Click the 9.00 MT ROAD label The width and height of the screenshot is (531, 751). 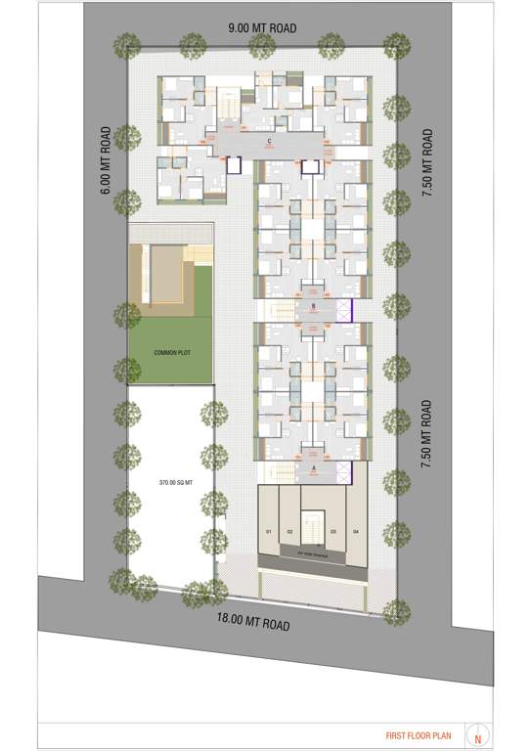click(261, 27)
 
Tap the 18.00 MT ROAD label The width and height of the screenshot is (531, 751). click(253, 621)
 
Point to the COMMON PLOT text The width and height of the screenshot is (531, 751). click(169, 352)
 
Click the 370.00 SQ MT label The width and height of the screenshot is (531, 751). click(172, 482)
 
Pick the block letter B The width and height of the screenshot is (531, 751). click(313, 306)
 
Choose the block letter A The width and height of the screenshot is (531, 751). click(313, 469)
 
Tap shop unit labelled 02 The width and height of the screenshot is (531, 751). click(289, 531)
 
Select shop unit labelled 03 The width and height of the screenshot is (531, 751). click(334, 531)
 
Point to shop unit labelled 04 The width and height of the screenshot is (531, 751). click(356, 531)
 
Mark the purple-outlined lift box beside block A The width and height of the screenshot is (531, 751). click(342, 474)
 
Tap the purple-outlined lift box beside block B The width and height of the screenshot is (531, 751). click(342, 311)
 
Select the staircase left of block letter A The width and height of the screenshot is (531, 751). click(278, 473)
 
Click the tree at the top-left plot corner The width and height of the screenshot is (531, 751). click(124, 44)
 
